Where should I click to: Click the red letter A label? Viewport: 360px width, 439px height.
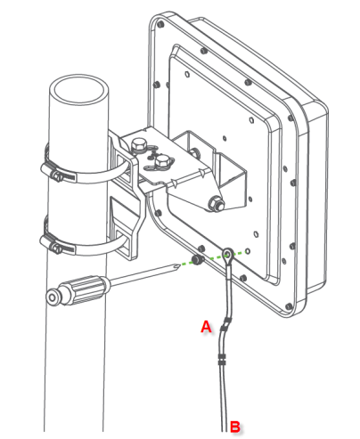[206, 327]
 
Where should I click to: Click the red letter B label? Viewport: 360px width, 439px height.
[235, 427]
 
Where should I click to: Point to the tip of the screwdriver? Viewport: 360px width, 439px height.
[180, 265]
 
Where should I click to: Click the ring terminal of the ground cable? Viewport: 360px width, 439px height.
[228, 254]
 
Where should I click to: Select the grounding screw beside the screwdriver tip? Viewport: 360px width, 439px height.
[197, 260]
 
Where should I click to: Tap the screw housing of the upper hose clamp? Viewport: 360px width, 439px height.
[57, 176]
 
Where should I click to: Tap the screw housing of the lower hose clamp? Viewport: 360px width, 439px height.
[56, 248]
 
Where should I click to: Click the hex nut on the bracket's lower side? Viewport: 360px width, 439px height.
[217, 203]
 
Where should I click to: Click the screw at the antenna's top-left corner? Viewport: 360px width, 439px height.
[160, 24]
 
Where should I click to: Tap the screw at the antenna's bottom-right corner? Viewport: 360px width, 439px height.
[289, 306]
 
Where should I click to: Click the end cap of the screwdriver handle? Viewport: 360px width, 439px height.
[53, 297]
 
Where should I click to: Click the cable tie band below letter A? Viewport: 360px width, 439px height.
[222, 359]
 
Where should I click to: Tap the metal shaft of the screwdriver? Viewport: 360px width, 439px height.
[143, 274]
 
